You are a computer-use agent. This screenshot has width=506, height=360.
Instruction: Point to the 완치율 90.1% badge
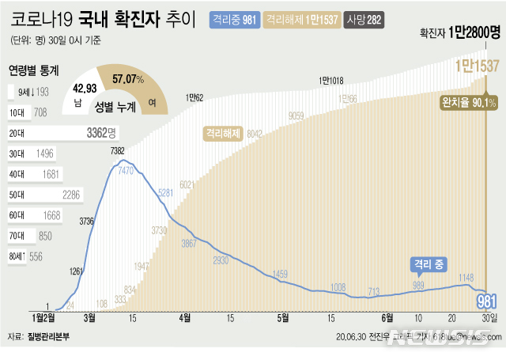(469, 102)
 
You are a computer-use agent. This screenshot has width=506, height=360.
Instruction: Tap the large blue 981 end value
(486, 301)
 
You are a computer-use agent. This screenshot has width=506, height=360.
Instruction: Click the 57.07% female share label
(128, 79)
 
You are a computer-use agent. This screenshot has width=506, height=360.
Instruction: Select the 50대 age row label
(16, 194)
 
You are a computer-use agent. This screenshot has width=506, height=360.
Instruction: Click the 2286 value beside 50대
(77, 194)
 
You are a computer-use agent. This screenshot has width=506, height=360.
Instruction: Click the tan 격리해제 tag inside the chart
(221, 133)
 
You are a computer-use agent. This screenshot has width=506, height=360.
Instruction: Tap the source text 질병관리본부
(49, 336)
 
